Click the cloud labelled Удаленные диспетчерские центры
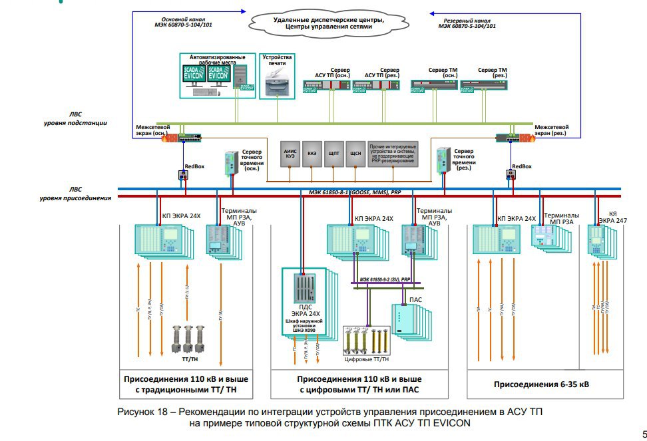[328, 25]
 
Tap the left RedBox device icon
[184, 176]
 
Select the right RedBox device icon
[511, 176]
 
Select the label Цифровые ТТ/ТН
[366, 359]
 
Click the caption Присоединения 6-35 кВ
[532, 384]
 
